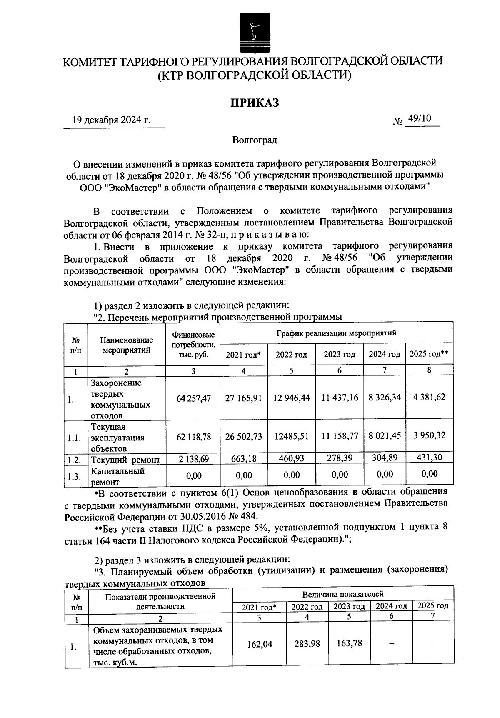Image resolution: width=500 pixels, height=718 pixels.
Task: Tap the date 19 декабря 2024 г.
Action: click(111, 121)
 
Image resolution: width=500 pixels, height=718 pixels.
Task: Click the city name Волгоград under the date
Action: click(255, 140)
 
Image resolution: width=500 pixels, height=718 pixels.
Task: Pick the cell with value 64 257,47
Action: click(193, 398)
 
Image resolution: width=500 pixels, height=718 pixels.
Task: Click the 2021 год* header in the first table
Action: click(243, 355)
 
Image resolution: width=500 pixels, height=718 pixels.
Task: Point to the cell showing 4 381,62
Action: click(429, 397)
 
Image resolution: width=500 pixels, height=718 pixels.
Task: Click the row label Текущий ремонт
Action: click(125, 460)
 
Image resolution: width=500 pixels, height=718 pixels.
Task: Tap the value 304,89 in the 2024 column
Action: click(385, 458)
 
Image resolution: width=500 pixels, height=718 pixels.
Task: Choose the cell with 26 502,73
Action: click(244, 436)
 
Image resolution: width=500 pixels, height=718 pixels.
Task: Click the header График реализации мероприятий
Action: click(336, 333)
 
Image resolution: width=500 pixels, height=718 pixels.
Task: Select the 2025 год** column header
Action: click(429, 354)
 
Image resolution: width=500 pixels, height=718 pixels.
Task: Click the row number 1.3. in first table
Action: click(74, 477)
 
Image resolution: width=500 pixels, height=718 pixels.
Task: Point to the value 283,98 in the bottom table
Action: click(307, 644)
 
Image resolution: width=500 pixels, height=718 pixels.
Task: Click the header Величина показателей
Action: click(343, 594)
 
